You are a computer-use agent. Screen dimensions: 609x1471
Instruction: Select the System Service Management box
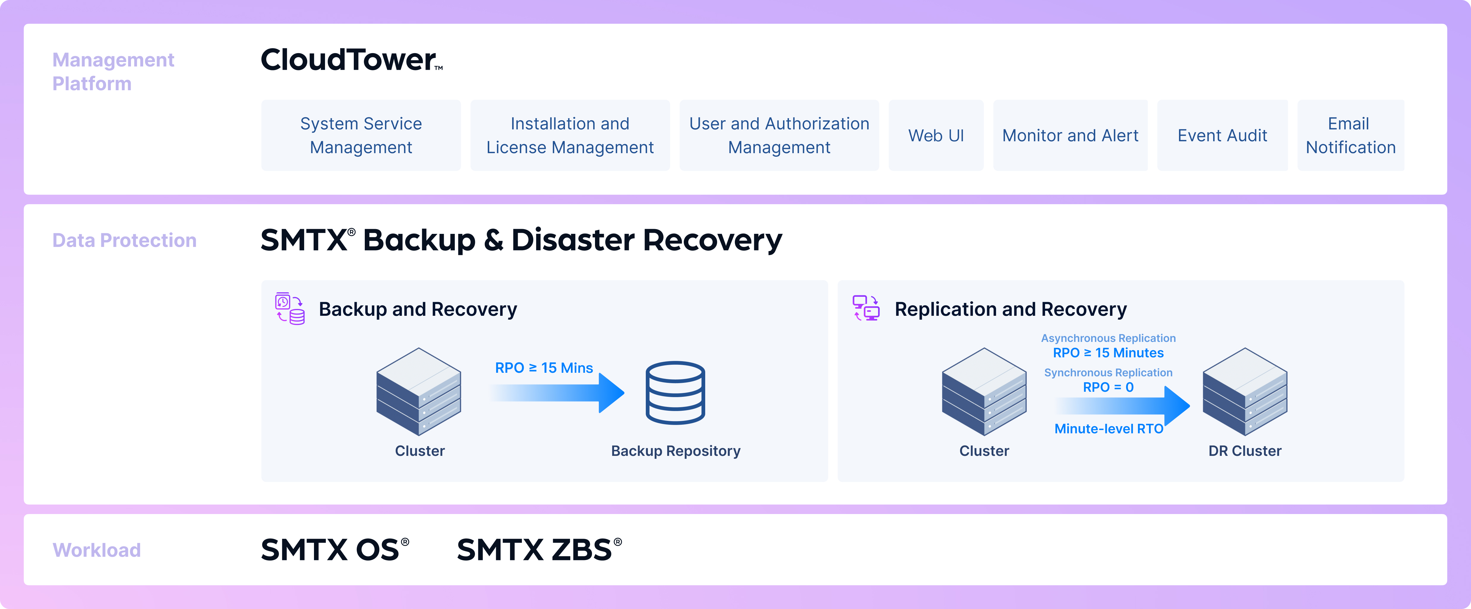361,135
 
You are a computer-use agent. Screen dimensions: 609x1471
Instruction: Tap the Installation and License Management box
570,135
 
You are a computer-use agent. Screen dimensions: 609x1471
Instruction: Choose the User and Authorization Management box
779,135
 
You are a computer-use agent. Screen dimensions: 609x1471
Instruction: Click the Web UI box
936,135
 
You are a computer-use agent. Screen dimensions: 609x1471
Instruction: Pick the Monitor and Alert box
1070,135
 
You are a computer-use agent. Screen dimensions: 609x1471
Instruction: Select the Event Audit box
1222,135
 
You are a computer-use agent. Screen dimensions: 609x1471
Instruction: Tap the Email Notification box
1350,135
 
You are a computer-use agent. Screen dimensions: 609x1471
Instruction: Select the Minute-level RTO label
1108,429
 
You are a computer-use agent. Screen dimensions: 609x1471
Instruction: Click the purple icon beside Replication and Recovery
866,308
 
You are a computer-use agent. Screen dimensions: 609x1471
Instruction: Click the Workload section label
97,550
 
